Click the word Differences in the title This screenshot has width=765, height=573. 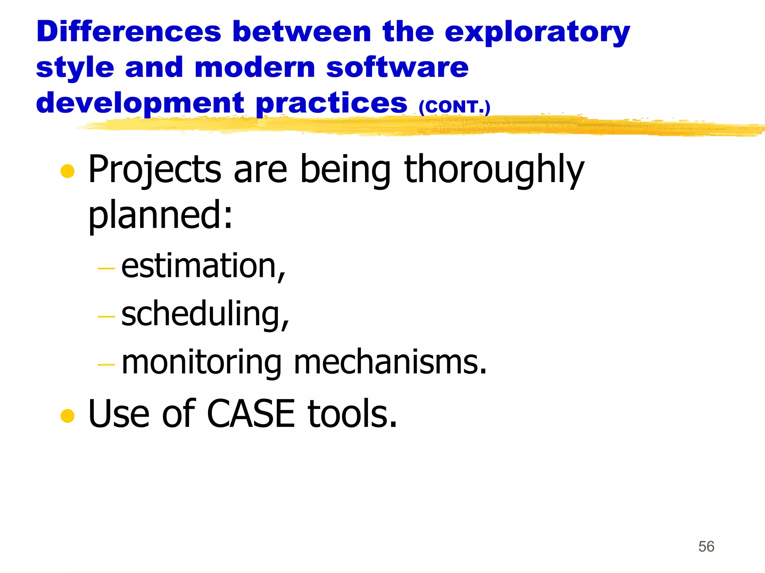point(129,31)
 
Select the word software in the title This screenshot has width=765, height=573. point(397,68)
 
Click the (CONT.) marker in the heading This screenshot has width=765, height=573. point(454,107)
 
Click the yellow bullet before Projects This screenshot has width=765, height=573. point(68,171)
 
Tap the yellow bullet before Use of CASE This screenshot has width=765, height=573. point(68,416)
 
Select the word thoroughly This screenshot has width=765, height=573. point(494,170)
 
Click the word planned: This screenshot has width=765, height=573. point(161,215)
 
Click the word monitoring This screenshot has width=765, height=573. point(202,363)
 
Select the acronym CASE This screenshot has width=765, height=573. point(251,413)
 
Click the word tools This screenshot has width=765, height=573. point(352,413)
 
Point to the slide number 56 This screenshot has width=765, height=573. point(706,547)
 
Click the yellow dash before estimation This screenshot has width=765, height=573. point(106,268)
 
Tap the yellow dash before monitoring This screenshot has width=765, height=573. point(106,364)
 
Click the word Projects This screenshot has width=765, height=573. point(155,170)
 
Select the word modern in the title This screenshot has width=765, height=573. point(255,68)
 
